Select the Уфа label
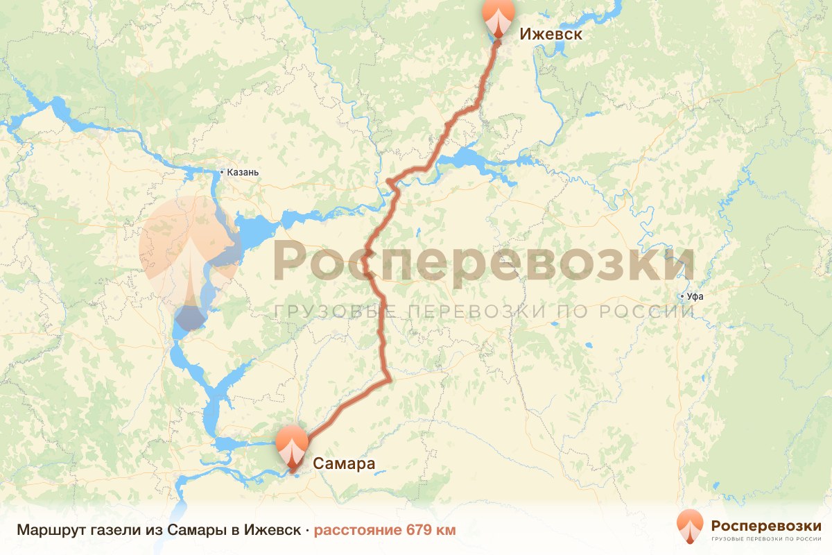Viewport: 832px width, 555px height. click(694, 297)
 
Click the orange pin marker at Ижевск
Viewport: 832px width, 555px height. click(499, 18)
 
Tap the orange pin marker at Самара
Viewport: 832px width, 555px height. click(292, 447)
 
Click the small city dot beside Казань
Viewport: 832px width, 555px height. click(221, 172)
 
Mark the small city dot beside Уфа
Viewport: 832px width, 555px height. click(682, 297)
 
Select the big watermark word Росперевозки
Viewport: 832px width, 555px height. click(484, 260)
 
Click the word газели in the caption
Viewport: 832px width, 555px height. click(112, 531)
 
